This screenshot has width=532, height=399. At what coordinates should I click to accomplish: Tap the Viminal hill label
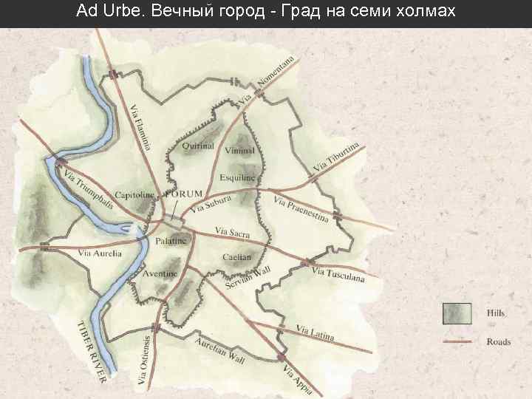tap(239, 151)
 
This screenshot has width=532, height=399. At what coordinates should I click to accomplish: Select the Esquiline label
tap(237, 178)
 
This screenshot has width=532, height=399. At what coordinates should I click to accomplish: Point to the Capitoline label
tap(134, 195)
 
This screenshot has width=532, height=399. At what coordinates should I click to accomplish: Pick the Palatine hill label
tap(170, 241)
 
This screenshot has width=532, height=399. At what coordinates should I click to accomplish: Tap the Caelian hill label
tap(236, 257)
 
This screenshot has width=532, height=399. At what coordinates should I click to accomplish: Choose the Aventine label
tap(160, 273)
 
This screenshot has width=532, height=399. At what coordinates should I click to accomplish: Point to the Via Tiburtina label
tap(336, 157)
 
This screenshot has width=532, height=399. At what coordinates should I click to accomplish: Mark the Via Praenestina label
tap(301, 210)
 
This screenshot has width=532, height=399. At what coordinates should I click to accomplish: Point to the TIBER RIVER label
tap(92, 351)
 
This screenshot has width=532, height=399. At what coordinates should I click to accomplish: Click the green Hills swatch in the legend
tap(457, 313)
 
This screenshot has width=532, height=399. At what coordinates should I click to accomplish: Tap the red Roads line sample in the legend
tap(457, 341)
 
